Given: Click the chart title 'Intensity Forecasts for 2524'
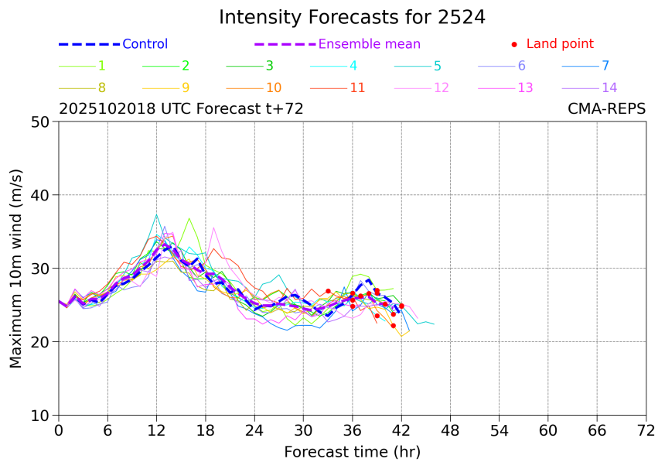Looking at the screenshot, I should click(x=352, y=17).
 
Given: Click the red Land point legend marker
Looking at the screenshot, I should click(x=514, y=45).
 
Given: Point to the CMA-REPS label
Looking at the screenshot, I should click(x=606, y=109).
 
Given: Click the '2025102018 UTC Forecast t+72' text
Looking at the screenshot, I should click(x=181, y=109).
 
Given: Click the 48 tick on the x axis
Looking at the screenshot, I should click(x=450, y=430).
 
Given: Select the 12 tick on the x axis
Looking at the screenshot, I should click(x=157, y=430).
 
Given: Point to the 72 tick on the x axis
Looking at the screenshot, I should click(x=646, y=430).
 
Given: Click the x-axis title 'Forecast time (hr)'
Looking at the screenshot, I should click(x=352, y=451).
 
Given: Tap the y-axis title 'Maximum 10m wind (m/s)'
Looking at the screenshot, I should click(x=16, y=269).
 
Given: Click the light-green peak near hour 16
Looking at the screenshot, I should click(x=189, y=218).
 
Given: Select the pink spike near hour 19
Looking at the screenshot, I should click(x=213, y=227).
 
